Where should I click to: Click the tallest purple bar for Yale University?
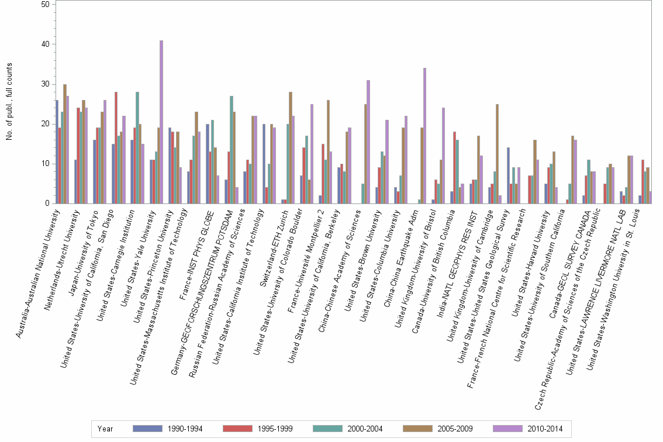(161, 122)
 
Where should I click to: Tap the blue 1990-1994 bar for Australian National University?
(57, 152)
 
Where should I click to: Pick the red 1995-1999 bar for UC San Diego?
(116, 147)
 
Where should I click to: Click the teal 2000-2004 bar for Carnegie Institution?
(137, 147)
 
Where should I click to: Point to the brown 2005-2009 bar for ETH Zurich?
(291, 147)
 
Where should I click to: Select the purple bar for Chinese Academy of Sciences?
(368, 141)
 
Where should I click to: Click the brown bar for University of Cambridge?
(497, 154)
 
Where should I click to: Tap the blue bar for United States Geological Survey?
(508, 175)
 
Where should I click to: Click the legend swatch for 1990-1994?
(147, 429)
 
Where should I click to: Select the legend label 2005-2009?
(455, 429)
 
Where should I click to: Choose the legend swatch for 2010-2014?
(507, 429)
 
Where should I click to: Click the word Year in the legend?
(105, 429)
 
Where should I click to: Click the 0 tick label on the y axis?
(47, 203)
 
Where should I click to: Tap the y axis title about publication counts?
(9, 102)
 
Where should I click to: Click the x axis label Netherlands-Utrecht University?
(62, 260)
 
